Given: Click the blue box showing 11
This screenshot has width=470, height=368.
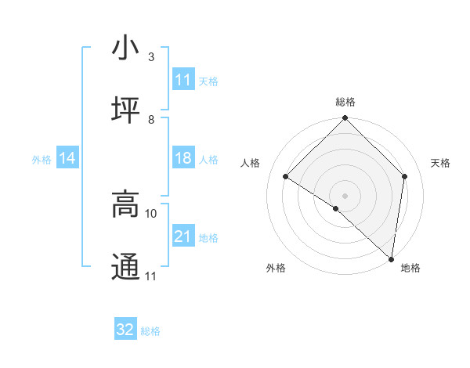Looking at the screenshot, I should tap(183, 80).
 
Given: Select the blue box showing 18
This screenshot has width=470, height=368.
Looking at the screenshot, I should tap(183, 158).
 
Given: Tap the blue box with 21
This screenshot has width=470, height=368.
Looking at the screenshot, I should tap(183, 236).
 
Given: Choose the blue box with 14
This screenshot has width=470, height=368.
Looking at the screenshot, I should tap(67, 158).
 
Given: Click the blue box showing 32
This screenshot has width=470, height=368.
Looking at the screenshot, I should tap(125, 330).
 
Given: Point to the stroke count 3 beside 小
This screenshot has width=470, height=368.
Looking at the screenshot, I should tap(150, 57).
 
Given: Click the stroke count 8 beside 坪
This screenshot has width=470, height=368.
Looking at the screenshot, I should tap(150, 120).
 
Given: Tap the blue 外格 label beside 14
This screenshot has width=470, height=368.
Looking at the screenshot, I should tap(42, 159).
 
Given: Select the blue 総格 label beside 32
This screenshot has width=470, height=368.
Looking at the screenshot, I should tap(150, 330).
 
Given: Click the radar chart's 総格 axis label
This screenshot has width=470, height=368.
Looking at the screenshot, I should tap(345, 102).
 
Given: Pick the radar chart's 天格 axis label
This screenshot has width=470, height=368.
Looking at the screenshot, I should tap(441, 163).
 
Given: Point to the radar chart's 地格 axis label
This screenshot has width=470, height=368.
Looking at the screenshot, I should tap(410, 268).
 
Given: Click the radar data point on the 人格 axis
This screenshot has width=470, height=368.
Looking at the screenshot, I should tap(286, 177).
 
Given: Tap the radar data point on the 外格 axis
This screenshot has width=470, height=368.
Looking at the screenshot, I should tap(336, 208).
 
